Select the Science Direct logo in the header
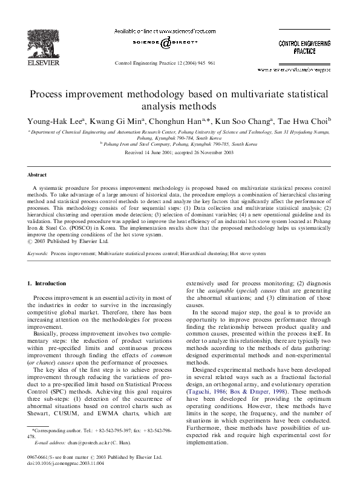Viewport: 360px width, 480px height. coord(165,43)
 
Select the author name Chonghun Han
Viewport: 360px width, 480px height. coord(171,122)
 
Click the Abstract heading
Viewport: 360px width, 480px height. coord(38,175)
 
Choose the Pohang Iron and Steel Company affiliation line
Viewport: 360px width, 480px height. coord(178,144)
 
